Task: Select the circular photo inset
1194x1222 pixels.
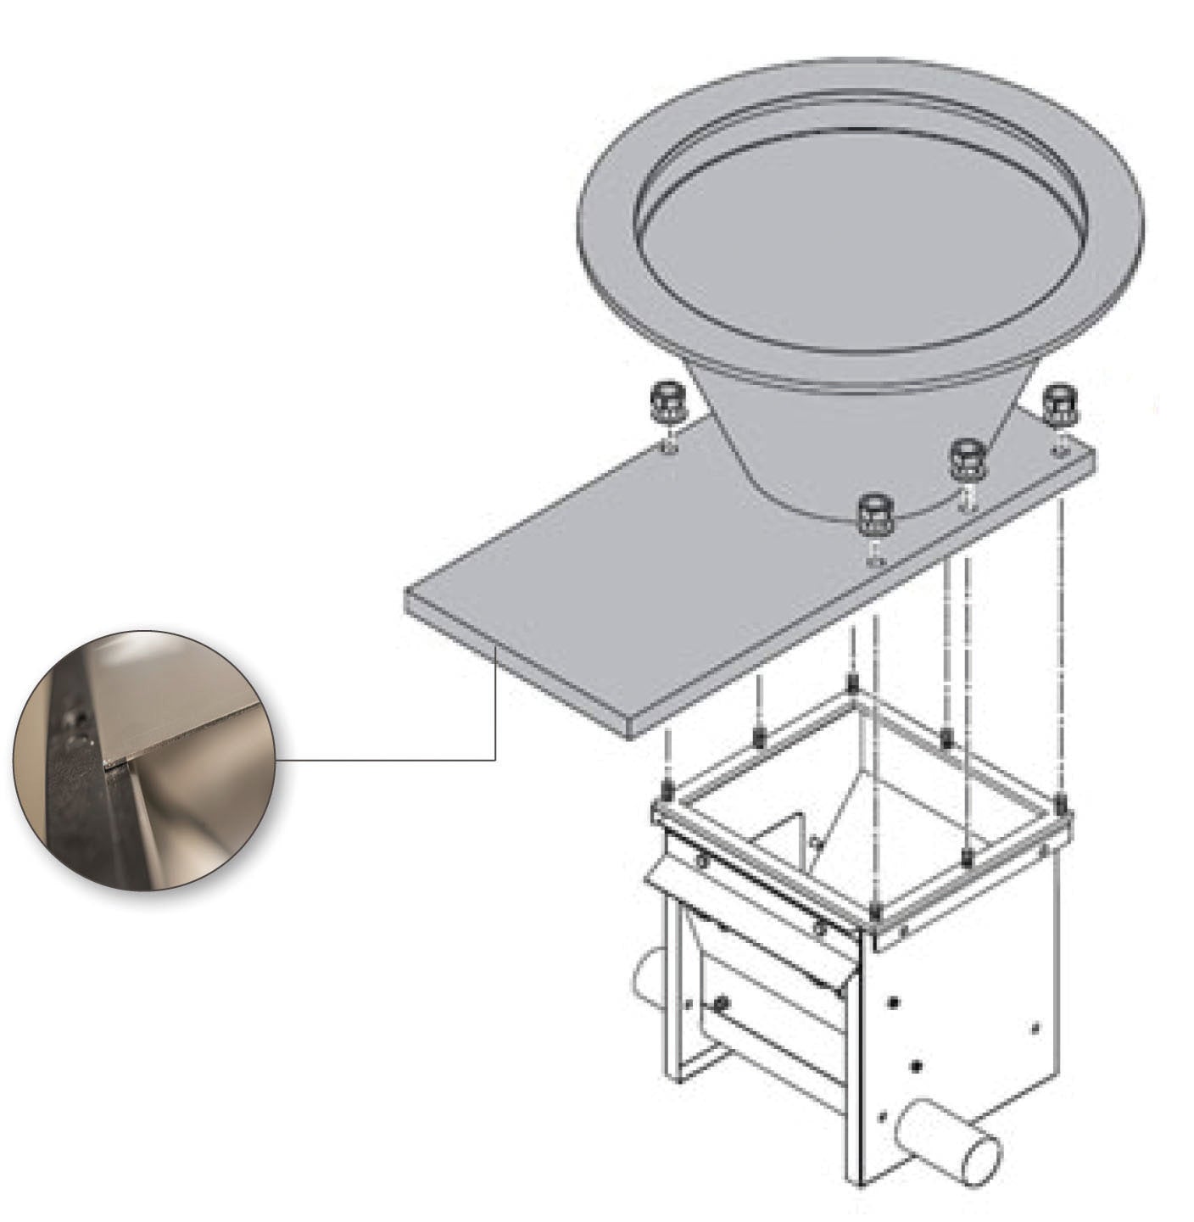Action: [x=144, y=760]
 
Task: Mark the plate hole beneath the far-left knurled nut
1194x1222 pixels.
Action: [x=669, y=448]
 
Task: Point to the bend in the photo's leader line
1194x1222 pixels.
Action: [x=495, y=760]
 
